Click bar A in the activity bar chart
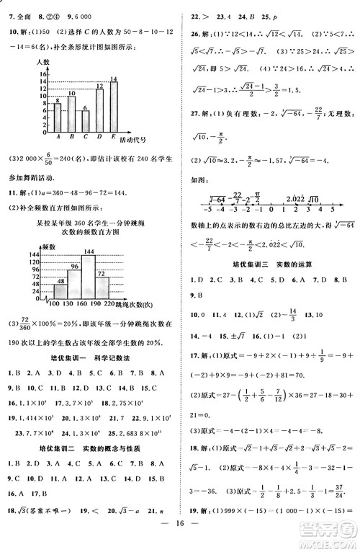pos(58,118)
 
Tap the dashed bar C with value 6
pos(86,122)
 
